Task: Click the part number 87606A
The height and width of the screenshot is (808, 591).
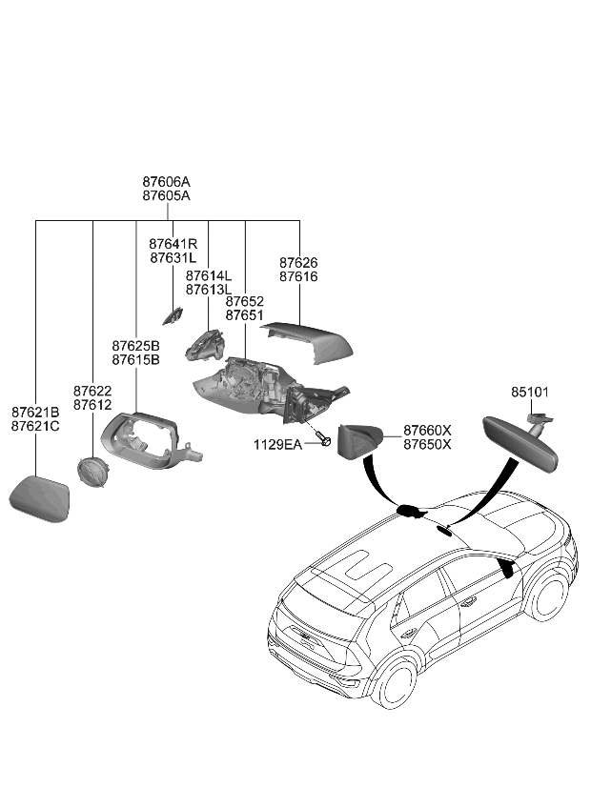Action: pyautogui.click(x=167, y=181)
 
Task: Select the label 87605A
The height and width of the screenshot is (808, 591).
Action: pyautogui.click(x=167, y=195)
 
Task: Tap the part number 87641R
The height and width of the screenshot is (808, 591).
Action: pyautogui.click(x=173, y=244)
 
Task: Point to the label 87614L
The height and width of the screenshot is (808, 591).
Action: pyautogui.click(x=209, y=275)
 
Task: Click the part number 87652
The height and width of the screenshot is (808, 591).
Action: pyautogui.click(x=245, y=300)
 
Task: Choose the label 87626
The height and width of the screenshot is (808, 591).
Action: pyautogui.click(x=298, y=262)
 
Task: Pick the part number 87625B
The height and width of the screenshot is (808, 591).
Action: pyautogui.click(x=135, y=345)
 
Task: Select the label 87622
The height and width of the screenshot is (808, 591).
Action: pyautogui.click(x=92, y=391)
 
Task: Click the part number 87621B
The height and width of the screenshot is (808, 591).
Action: pyautogui.click(x=35, y=412)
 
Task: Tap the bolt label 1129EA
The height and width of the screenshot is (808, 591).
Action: pyautogui.click(x=277, y=445)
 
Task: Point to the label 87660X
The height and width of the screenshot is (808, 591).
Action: pyautogui.click(x=427, y=431)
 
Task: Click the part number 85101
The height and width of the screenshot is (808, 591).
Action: pyautogui.click(x=530, y=392)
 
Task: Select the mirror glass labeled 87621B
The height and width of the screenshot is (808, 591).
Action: pyautogui.click(x=41, y=498)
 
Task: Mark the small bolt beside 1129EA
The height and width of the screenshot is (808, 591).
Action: pyautogui.click(x=325, y=441)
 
